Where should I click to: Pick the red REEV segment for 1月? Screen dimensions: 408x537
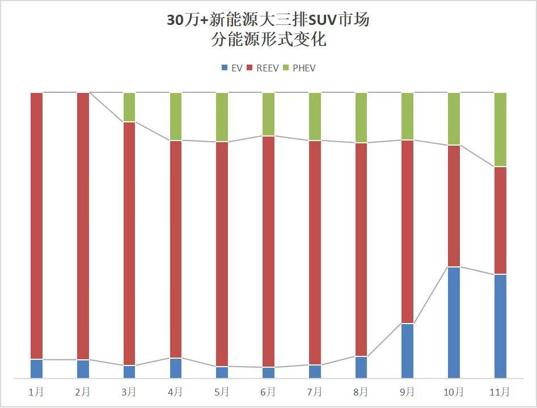pyautogui.click(x=36, y=226)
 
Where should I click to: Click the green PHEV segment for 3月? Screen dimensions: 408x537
pyautogui.click(x=129, y=107)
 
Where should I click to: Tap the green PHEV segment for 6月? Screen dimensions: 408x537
pyautogui.click(x=268, y=114)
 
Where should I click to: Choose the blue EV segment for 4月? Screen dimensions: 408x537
pyautogui.click(x=176, y=368)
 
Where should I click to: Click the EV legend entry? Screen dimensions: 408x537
pyautogui.click(x=232, y=68)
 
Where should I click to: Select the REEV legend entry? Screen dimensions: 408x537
pyautogui.click(x=263, y=68)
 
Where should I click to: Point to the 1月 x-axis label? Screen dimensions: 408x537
pyautogui.click(x=36, y=392)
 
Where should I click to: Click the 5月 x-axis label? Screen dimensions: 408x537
pyautogui.click(x=222, y=392)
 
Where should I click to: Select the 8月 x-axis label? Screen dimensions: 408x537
pyautogui.click(x=361, y=392)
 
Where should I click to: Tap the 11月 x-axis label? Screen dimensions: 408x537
pyautogui.click(x=500, y=392)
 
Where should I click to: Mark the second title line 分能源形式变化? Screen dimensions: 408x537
pyautogui.click(x=268, y=40)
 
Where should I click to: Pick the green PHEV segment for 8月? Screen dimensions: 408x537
pyautogui.click(x=361, y=117)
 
